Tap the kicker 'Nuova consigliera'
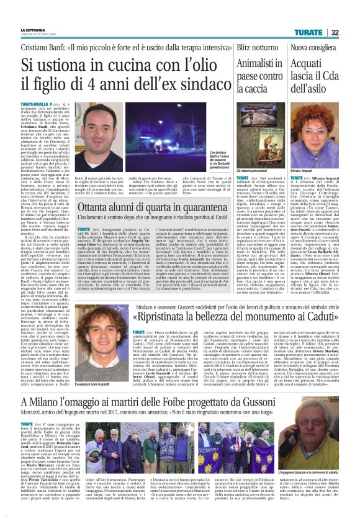312,47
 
